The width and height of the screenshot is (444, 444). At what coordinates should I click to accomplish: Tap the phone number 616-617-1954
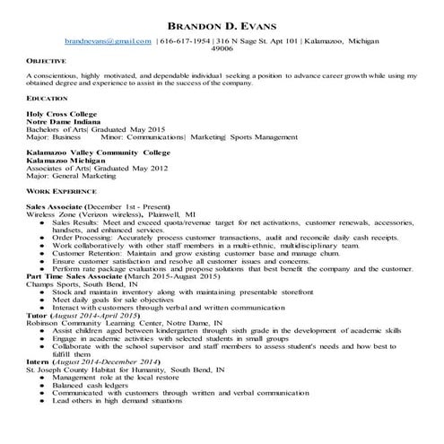184,42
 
